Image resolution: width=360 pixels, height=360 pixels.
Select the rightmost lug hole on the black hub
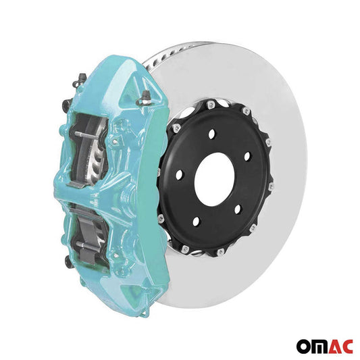(247, 157)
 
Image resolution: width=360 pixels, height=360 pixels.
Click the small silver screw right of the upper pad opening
(116, 143)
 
